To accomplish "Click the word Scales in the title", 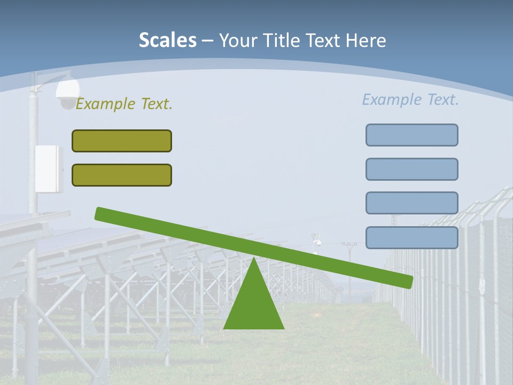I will pyautogui.click(x=167, y=40).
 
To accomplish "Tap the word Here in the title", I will pyautogui.click(x=365, y=40).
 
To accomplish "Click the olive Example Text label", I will pyautogui.click(x=124, y=104).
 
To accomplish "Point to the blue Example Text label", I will pyautogui.click(x=410, y=99).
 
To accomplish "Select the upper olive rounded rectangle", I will pyautogui.click(x=122, y=141).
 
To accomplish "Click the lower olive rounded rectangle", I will pyautogui.click(x=122, y=175).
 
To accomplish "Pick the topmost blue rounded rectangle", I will pyautogui.click(x=411, y=135).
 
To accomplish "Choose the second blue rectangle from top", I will pyautogui.click(x=411, y=169).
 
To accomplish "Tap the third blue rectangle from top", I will pyautogui.click(x=411, y=203).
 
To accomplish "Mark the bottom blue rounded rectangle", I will pyautogui.click(x=411, y=237).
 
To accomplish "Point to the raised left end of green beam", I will pyautogui.click(x=100, y=213).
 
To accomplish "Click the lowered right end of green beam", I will pyautogui.click(x=408, y=281).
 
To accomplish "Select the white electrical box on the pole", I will pyautogui.click(x=49, y=168).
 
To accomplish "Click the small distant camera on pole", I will pyautogui.click(x=317, y=243).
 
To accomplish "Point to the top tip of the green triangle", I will pyautogui.click(x=254, y=259).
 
